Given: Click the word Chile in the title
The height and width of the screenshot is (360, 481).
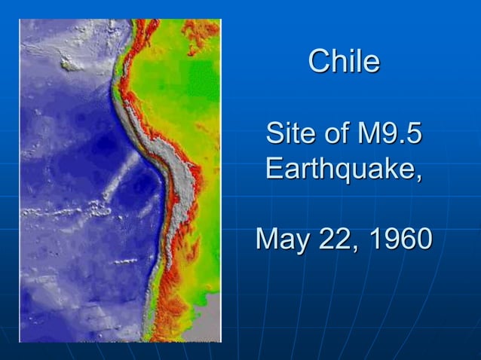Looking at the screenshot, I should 344,62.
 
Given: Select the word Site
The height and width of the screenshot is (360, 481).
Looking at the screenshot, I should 289,136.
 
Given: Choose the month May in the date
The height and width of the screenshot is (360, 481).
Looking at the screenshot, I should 281,239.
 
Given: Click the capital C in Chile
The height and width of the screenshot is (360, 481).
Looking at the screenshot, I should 318,62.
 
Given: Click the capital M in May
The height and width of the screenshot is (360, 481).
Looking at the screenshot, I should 268,239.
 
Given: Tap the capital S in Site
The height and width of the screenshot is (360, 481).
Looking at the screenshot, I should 275,136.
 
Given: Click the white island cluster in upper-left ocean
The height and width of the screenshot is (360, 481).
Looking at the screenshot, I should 72,65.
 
